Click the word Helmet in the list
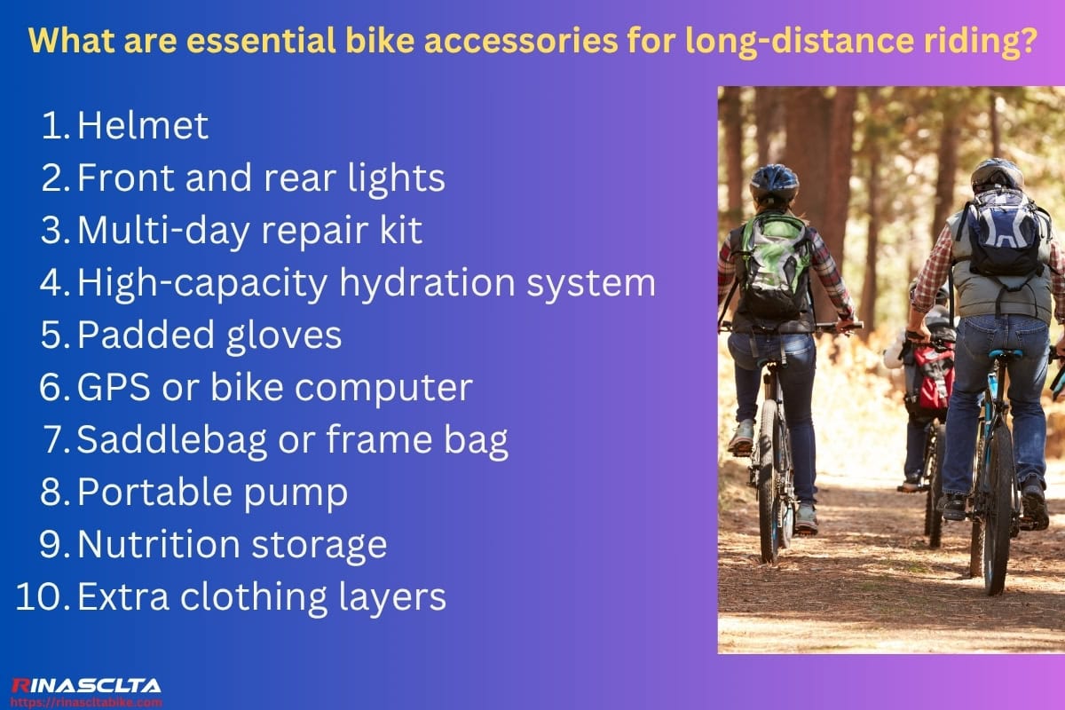(x=143, y=127)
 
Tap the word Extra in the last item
(x=122, y=597)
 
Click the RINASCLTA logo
(x=86, y=685)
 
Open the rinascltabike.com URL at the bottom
(x=86, y=701)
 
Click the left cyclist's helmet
(x=774, y=181)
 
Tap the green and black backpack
(x=774, y=266)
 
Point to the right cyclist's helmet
(x=998, y=174)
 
